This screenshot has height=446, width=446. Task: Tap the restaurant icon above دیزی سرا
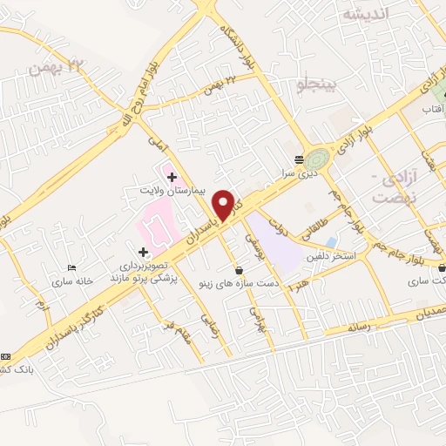pyautogui.click(x=300, y=159)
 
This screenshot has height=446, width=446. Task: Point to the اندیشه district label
pyautogui.click(x=364, y=15)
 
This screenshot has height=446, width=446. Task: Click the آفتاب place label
pyautogui.click(x=433, y=111)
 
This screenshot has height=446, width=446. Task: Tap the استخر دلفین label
pyautogui.click(x=328, y=257)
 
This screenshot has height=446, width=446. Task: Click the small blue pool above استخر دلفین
pyautogui.click(x=331, y=241)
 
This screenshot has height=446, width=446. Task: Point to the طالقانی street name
pyautogui.click(x=311, y=231)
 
